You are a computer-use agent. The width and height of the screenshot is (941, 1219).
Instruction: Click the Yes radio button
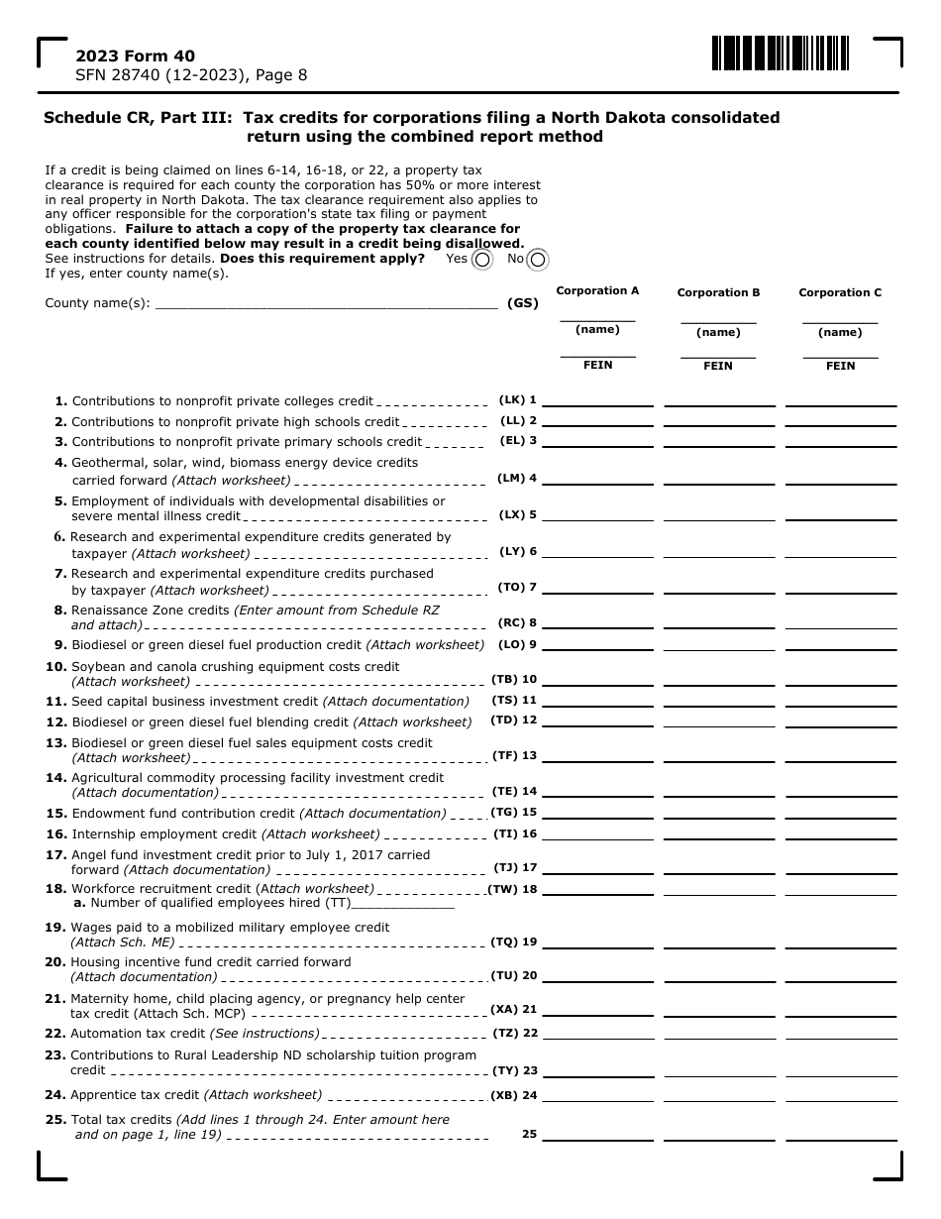pyautogui.click(x=481, y=260)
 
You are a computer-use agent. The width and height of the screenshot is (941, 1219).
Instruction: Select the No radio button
pyautogui.click(x=537, y=260)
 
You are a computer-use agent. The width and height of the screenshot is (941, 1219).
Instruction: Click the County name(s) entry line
pyautogui.click(x=327, y=304)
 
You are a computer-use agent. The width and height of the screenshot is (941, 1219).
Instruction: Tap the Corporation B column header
pyautogui.click(x=718, y=292)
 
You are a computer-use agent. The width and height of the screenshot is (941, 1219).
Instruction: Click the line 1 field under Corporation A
pyautogui.click(x=597, y=400)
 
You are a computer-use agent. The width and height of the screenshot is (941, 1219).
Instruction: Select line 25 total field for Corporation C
pyautogui.click(x=840, y=1134)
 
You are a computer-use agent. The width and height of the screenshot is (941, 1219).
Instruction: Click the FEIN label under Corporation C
pyautogui.click(x=840, y=366)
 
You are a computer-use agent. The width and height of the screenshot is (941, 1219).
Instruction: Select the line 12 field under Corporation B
pyautogui.click(x=718, y=720)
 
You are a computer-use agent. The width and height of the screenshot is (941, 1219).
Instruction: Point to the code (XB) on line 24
pyautogui.click(x=505, y=1096)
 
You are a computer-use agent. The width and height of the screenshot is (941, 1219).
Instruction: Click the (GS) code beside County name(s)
pyautogui.click(x=522, y=303)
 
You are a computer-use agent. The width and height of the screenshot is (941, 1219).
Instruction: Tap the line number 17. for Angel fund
pyautogui.click(x=55, y=854)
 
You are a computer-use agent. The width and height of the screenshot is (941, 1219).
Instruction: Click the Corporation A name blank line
pyautogui.click(x=597, y=318)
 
